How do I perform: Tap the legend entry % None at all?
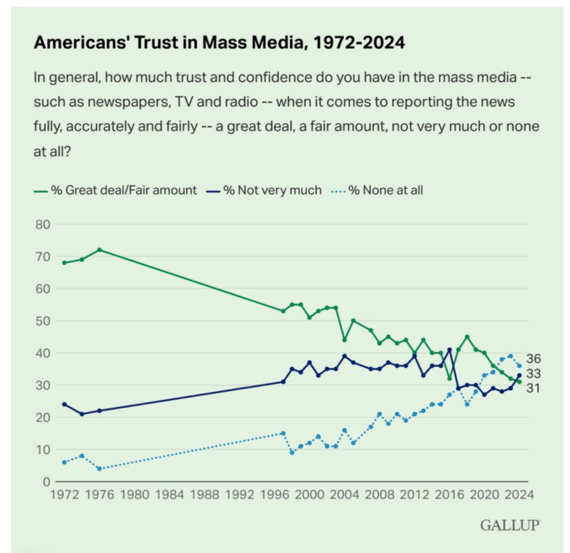pos(385,190)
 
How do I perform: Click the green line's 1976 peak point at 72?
pos(99,250)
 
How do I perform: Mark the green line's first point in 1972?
pos(64,263)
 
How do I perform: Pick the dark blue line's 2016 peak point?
pos(450,350)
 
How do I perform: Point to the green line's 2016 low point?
pos(450,379)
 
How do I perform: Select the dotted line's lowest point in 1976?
pos(99,469)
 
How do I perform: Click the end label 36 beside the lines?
pos(533,359)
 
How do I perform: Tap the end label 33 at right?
pos(533,374)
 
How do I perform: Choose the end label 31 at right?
pos(533,388)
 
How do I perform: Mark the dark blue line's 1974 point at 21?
pos(82,414)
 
